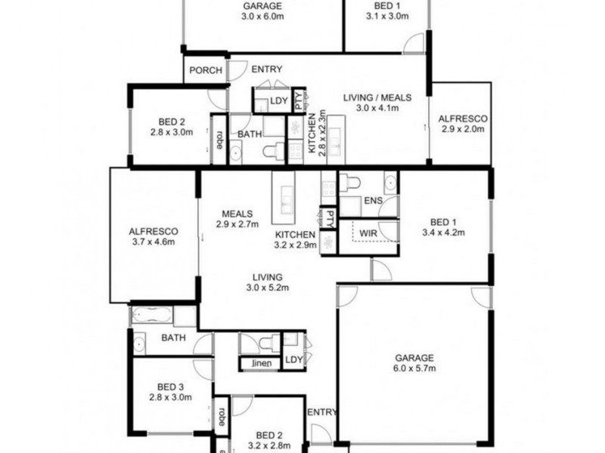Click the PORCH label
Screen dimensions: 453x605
pos(206,70)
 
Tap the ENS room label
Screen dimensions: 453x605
pos(373,200)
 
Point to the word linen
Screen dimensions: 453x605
pos(257,365)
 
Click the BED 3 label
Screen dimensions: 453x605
pos(171,385)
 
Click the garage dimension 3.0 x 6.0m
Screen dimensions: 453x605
pos(262,16)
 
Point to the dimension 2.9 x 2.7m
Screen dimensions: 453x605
pos(237,224)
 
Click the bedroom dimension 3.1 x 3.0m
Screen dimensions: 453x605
pos(387,16)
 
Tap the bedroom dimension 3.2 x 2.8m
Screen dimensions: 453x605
pos(268,445)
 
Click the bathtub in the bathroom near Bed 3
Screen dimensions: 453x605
pos(163,315)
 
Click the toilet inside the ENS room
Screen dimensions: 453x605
pos(349,181)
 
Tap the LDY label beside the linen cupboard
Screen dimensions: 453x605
pos(293,359)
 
